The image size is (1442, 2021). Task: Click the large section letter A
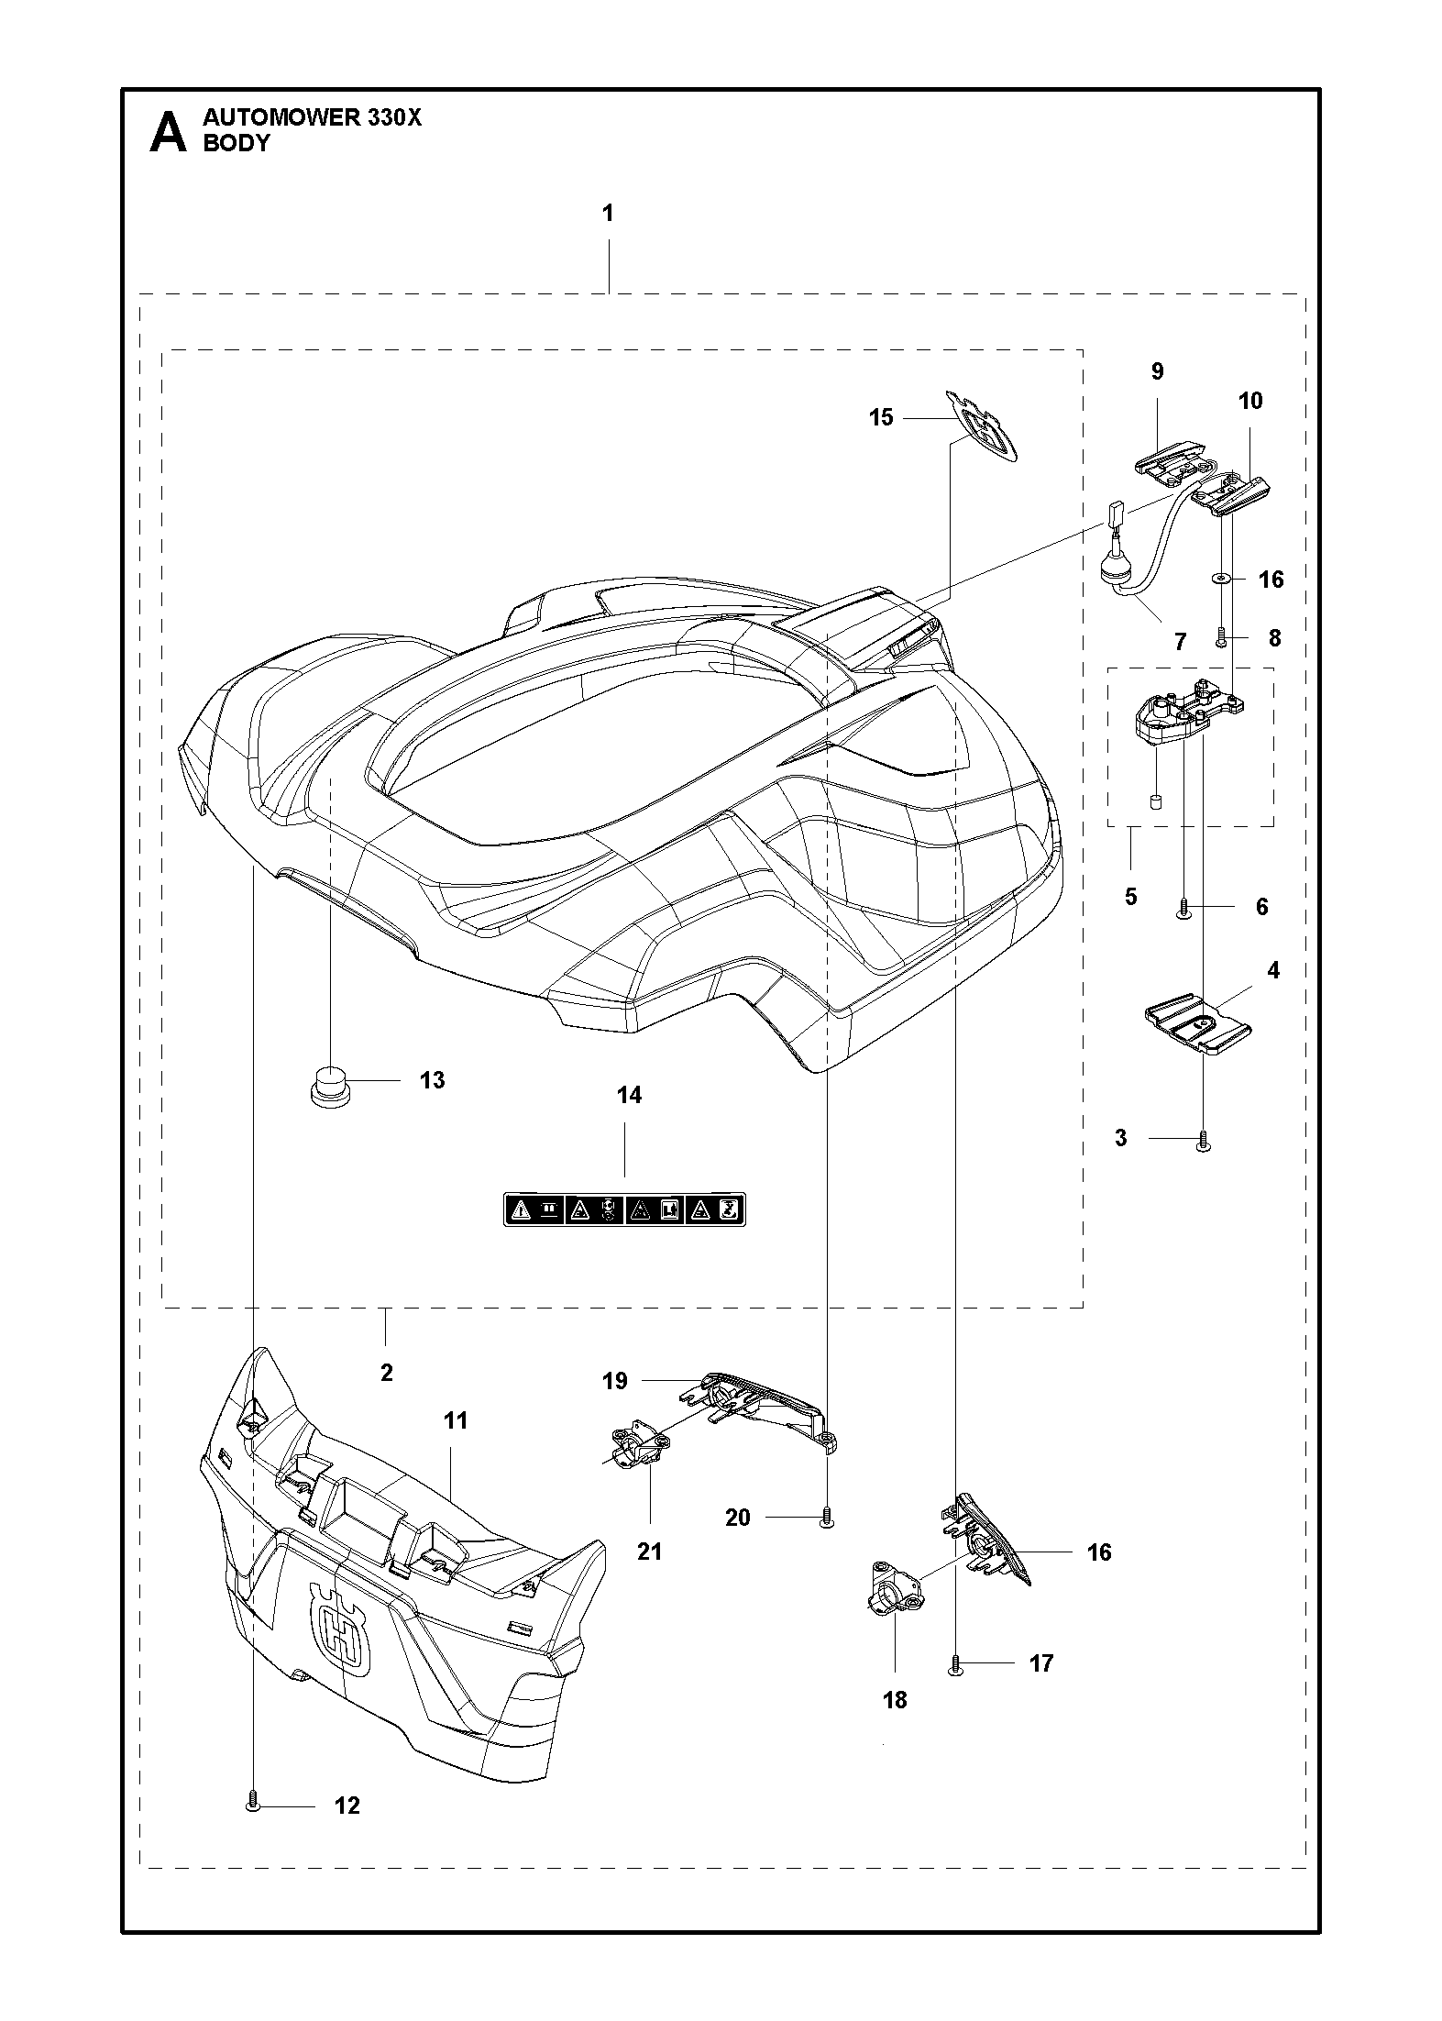[x=168, y=132]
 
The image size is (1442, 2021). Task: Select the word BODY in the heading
[x=237, y=143]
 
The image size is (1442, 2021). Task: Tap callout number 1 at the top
[x=608, y=214]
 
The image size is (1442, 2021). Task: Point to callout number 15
[x=881, y=418]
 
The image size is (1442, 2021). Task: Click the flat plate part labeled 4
[x=1199, y=1025]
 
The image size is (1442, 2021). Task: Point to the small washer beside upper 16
[x=1220, y=579]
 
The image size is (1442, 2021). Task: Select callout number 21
[x=650, y=1552]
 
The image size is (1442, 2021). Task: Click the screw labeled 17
[x=955, y=1663]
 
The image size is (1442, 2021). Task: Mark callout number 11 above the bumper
[x=456, y=1420]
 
